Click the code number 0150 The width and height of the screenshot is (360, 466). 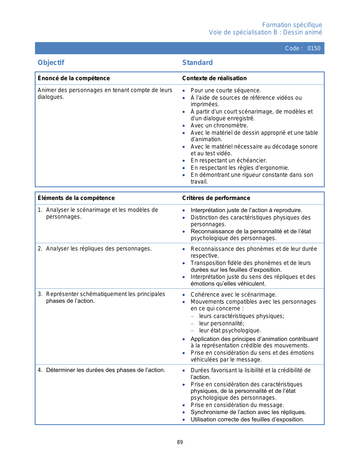(314, 48)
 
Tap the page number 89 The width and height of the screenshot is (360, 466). (180, 442)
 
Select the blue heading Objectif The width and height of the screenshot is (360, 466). (51, 63)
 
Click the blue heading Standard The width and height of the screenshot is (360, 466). (197, 63)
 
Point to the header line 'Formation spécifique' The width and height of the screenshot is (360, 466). (292, 25)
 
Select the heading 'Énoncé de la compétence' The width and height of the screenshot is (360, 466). (74, 78)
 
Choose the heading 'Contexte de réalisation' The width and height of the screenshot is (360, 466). (214, 78)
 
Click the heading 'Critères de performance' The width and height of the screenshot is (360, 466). (216, 198)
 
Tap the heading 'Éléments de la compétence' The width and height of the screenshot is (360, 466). (76, 198)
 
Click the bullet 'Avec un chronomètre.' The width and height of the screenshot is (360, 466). (219, 125)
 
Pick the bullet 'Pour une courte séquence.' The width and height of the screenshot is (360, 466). (226, 90)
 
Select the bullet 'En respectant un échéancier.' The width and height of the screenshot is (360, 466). (229, 160)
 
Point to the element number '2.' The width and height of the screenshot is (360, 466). (40, 249)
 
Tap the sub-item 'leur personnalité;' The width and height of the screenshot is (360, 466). (222, 323)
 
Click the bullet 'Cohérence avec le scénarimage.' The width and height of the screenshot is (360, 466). (234, 295)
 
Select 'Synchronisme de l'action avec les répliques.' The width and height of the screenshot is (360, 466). (248, 412)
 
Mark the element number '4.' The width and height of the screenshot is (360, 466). (40, 370)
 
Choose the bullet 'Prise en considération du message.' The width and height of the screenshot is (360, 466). (237, 405)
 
